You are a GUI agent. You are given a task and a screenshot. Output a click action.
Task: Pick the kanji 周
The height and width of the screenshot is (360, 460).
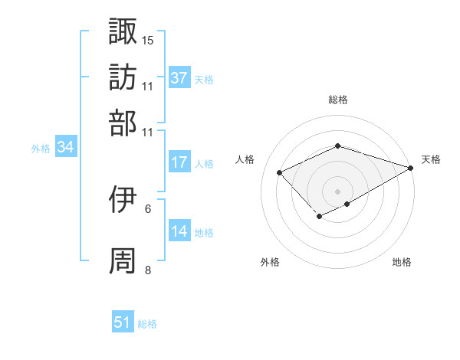click(x=123, y=261)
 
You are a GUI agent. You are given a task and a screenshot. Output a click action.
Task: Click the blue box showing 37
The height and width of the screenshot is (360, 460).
click(x=179, y=77)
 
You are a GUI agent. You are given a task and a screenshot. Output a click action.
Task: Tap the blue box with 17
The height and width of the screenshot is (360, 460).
click(x=179, y=162)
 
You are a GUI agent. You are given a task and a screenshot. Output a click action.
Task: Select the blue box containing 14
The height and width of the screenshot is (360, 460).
click(x=179, y=231)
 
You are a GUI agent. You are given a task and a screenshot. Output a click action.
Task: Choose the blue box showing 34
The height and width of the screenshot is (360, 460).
click(x=65, y=148)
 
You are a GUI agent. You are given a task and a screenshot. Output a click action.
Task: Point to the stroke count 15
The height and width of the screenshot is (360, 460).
click(x=148, y=39)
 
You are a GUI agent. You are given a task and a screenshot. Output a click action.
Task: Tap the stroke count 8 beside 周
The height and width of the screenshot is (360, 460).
click(x=148, y=270)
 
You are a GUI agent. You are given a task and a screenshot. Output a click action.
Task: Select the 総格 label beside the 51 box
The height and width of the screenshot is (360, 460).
click(x=147, y=324)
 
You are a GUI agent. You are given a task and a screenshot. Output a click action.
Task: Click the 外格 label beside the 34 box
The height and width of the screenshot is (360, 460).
click(x=41, y=149)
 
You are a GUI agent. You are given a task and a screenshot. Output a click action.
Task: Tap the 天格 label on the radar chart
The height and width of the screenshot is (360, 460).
click(x=431, y=159)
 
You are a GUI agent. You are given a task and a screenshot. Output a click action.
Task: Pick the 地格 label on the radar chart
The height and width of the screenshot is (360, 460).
click(x=402, y=263)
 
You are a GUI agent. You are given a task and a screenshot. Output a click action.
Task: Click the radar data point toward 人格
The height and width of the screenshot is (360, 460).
click(x=280, y=173)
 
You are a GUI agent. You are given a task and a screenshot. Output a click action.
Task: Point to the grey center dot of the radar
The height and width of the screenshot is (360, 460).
click(x=337, y=190)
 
